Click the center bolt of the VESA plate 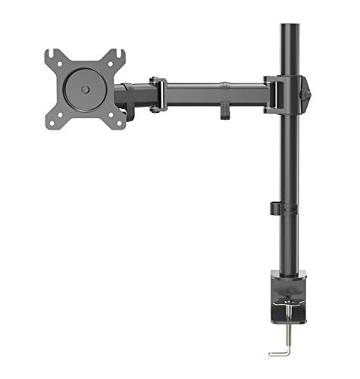pyautogui.click(x=85, y=89)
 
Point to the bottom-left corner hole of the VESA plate pyautogui.click(x=53, y=121)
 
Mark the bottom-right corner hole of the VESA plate pyautogui.click(x=117, y=121)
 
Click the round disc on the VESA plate pyautogui.click(x=85, y=89)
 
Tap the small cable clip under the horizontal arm pyautogui.click(x=226, y=110)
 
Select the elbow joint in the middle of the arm pyautogui.click(x=158, y=94)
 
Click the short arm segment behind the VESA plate pyautogui.click(x=136, y=96)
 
